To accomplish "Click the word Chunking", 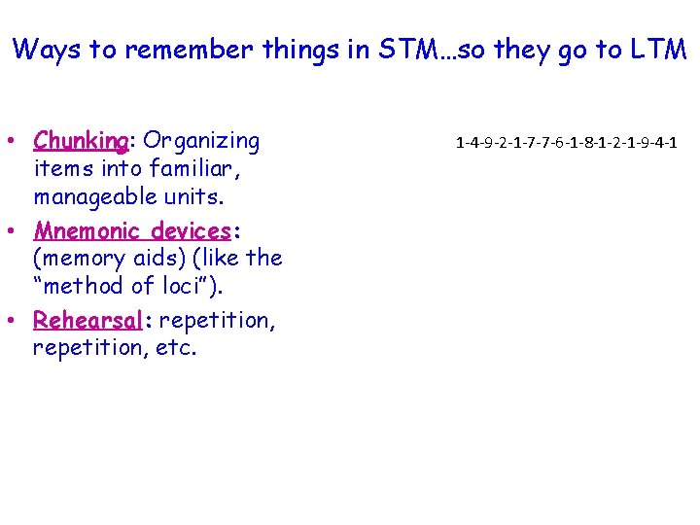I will coord(80,142).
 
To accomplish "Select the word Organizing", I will coord(198,142).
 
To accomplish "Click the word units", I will coord(194,196).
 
